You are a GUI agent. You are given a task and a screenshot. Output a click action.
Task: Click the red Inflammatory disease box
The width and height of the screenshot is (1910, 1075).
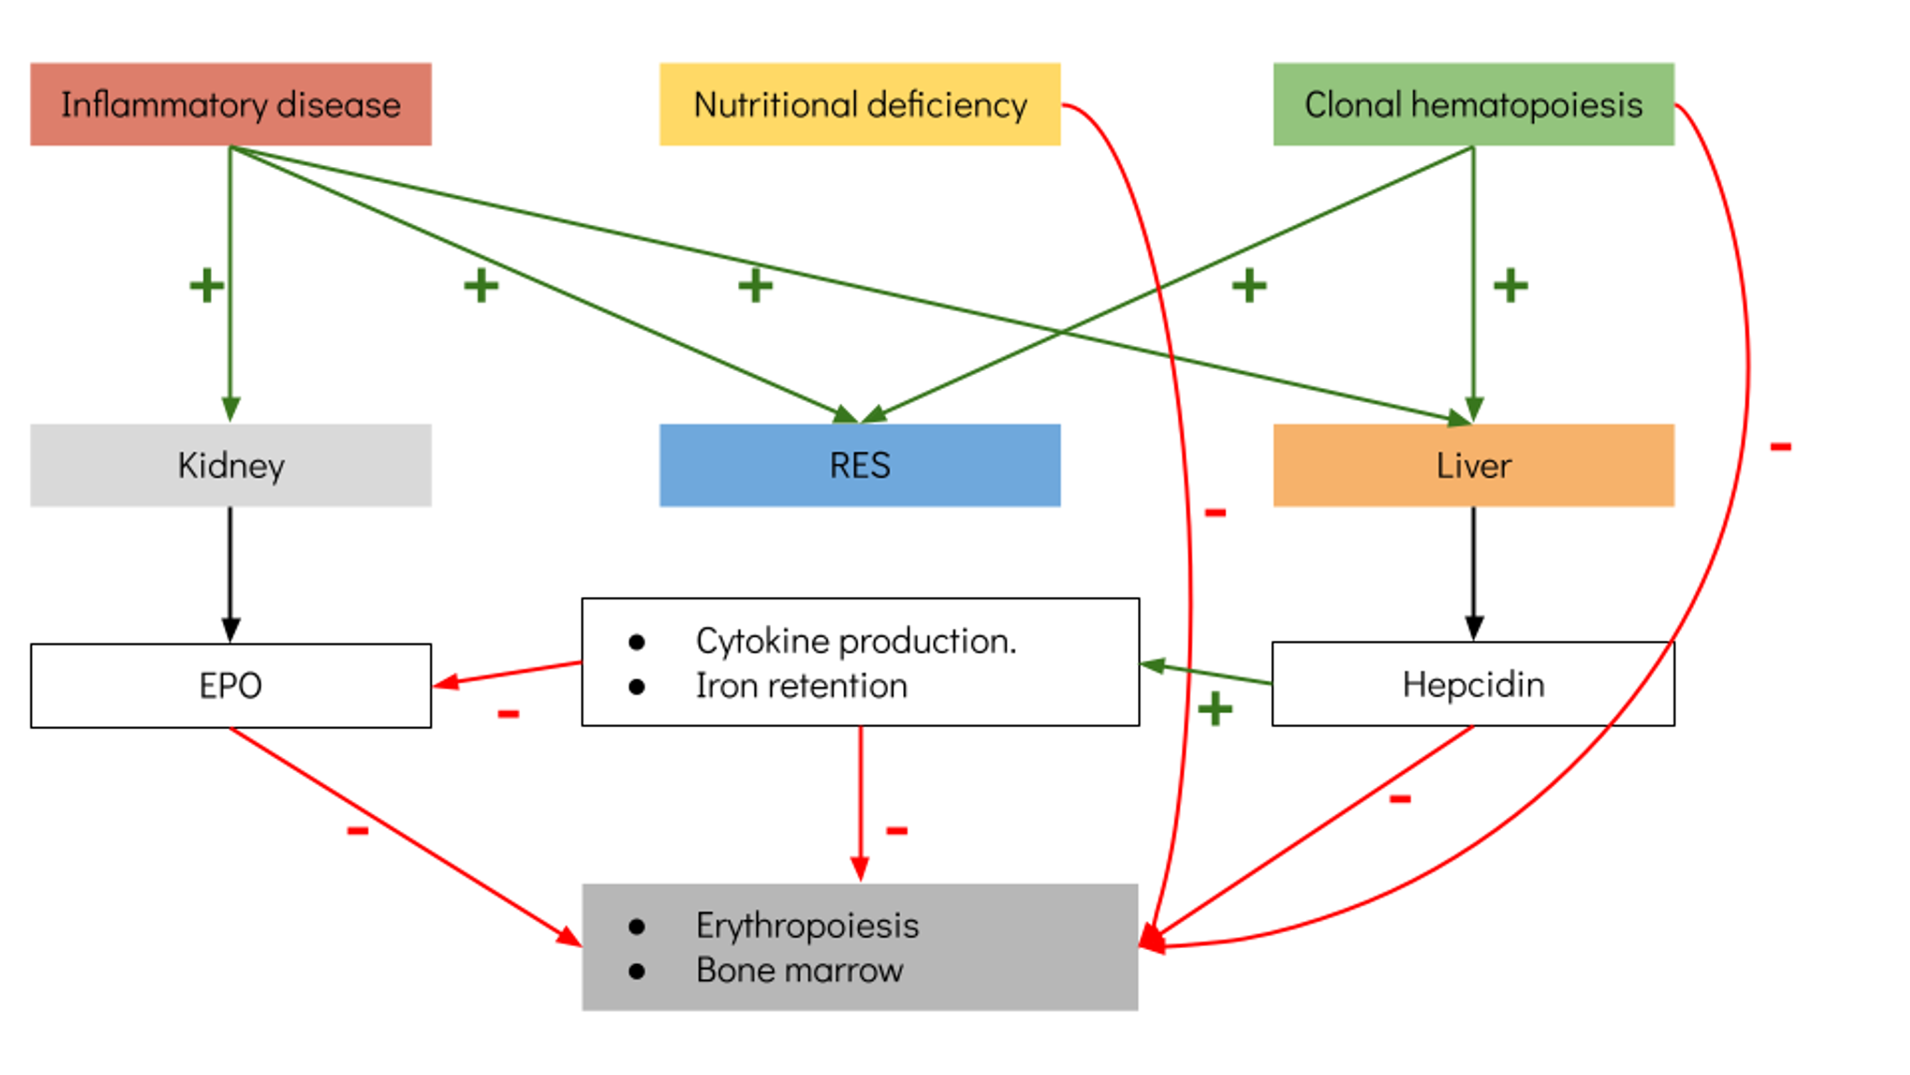(x=230, y=104)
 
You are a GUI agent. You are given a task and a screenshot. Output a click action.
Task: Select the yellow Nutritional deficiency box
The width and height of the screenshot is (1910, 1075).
(x=860, y=104)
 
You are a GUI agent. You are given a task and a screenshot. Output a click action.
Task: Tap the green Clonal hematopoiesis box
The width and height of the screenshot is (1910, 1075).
(x=1473, y=104)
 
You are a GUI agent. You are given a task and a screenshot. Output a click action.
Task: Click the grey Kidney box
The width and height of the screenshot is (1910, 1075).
(x=230, y=465)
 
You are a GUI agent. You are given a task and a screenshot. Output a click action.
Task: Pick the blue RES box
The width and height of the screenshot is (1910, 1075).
(x=860, y=465)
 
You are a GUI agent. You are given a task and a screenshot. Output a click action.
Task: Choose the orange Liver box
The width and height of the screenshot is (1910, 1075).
(x=1473, y=465)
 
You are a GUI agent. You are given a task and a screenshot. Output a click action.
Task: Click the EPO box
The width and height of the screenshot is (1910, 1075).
(x=230, y=685)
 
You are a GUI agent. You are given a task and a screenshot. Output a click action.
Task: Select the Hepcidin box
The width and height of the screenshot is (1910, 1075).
(x=1473, y=684)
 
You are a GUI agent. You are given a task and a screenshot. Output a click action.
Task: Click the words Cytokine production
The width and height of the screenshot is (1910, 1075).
(x=856, y=641)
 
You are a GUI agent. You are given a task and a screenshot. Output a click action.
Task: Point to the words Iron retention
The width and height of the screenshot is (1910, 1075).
(x=801, y=685)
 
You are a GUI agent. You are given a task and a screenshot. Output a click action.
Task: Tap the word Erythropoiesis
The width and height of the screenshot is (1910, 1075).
(x=807, y=925)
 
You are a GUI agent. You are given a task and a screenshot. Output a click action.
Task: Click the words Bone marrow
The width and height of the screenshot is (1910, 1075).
(x=799, y=971)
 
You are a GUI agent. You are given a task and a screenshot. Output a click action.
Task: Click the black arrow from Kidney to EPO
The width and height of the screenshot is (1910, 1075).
(x=230, y=571)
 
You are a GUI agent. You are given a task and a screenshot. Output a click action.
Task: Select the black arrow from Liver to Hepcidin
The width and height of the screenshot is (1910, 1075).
(x=1473, y=571)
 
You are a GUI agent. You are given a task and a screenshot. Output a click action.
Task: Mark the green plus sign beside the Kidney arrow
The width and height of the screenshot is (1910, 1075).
(x=206, y=286)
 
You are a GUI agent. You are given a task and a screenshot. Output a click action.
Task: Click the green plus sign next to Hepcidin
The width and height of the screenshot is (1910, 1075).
(x=1215, y=709)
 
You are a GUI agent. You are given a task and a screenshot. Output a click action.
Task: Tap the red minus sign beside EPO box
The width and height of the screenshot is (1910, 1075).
(x=509, y=714)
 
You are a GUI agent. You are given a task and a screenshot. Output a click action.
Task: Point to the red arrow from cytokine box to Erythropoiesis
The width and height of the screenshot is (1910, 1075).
(x=860, y=801)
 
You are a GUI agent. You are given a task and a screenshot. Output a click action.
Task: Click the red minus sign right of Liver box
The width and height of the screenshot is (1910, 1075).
(x=1781, y=446)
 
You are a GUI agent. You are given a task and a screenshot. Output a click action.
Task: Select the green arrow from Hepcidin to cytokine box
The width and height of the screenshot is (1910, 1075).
(x=1205, y=674)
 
